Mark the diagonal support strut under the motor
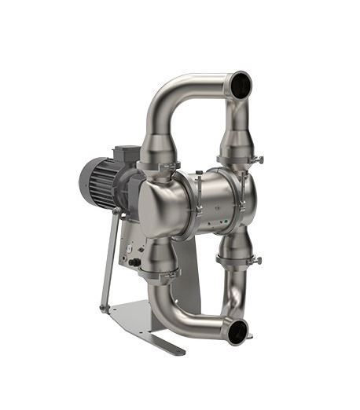coord(109,259)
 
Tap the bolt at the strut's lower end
coord(103,309)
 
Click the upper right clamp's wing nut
coord(257,160)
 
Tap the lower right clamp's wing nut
coord(256,260)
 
